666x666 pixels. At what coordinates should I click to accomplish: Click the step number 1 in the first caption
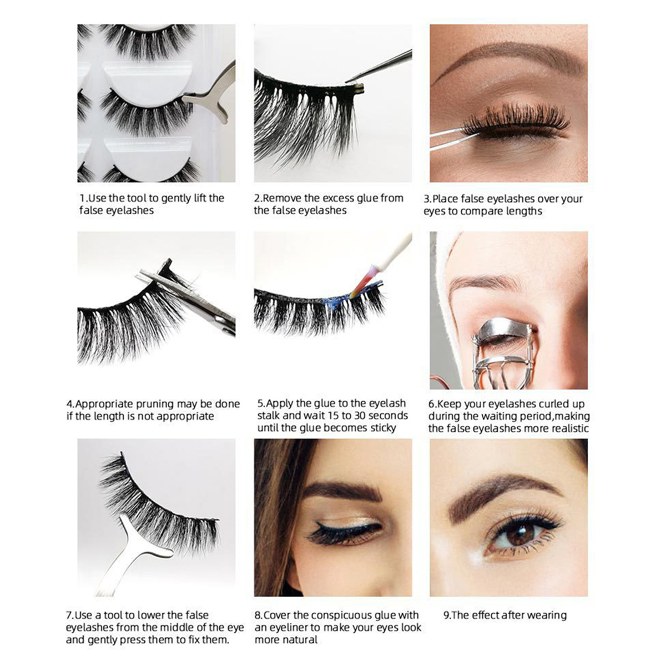(82, 198)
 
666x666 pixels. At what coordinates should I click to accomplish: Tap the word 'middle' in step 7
(197, 628)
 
